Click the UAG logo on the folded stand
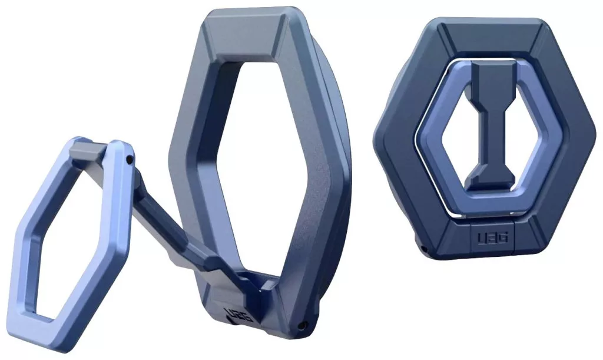pyautogui.click(x=493, y=237)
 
